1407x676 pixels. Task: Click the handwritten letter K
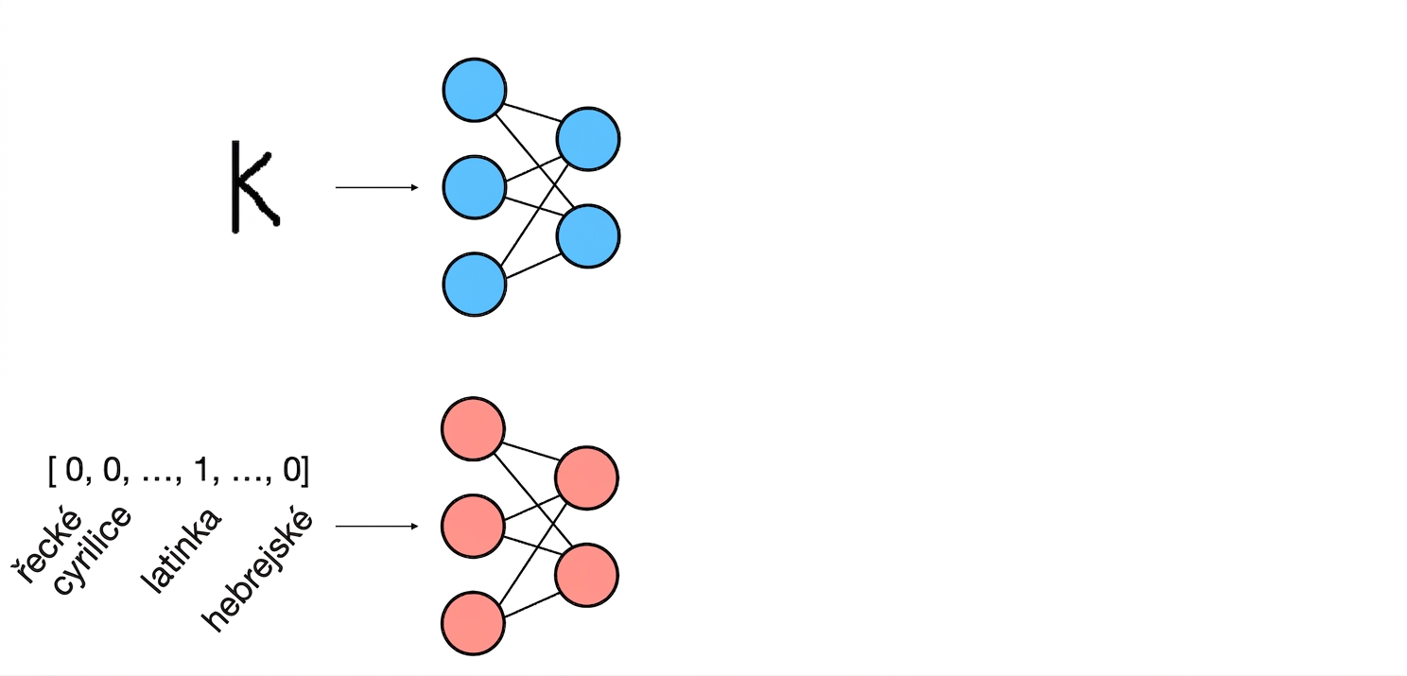[x=237, y=187]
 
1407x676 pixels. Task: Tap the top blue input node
[x=475, y=90]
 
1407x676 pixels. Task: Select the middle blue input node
[x=475, y=187]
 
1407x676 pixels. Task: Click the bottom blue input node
[x=475, y=284]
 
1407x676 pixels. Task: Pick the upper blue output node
[x=588, y=139]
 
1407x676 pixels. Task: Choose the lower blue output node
[x=588, y=236]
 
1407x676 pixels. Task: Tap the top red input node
[x=473, y=428]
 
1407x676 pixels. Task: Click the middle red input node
[x=473, y=526]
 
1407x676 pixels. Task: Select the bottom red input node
[x=473, y=623]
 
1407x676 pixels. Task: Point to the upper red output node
[x=586, y=478]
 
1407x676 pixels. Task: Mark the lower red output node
[x=586, y=575]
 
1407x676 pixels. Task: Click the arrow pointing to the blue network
[x=377, y=187]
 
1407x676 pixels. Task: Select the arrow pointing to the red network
[x=377, y=526]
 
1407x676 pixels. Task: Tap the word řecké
[x=45, y=545]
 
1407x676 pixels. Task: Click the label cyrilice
[x=92, y=550]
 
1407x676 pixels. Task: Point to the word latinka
[x=181, y=550]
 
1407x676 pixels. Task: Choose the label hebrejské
[x=257, y=570]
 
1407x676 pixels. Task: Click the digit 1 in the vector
[x=201, y=470]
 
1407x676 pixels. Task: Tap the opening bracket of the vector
[x=52, y=471]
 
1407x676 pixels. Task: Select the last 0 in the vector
[x=292, y=470]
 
